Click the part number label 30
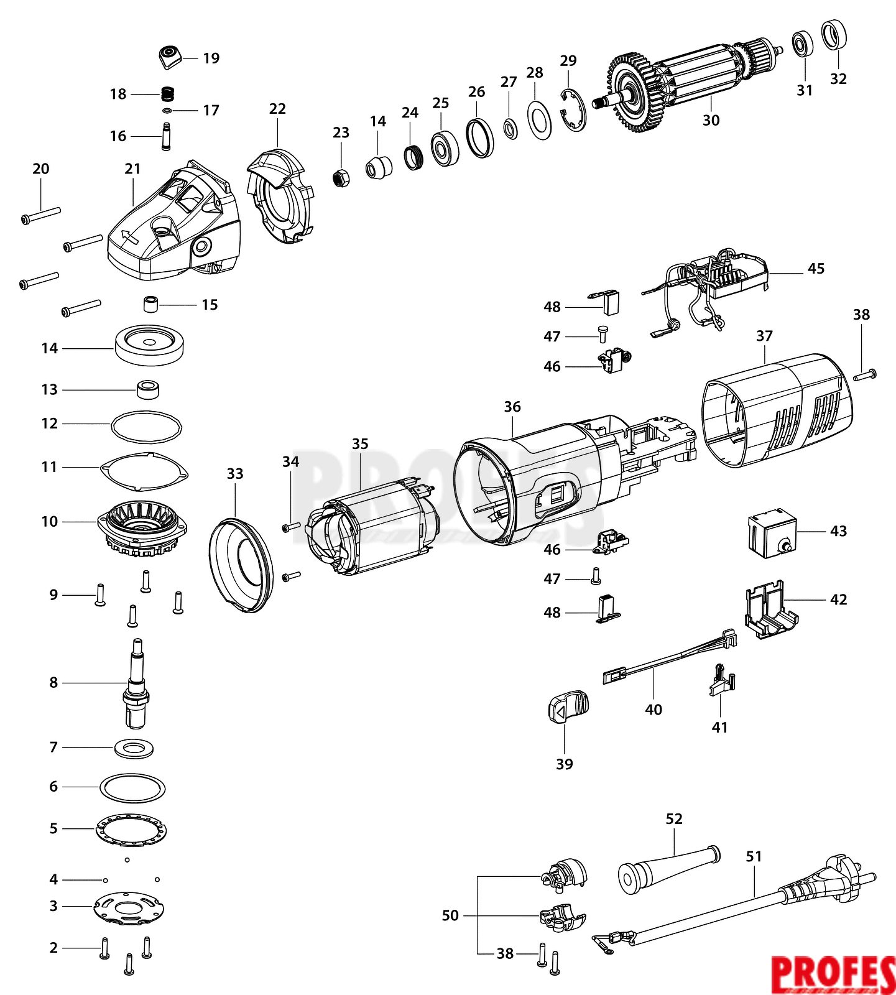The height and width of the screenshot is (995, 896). coord(711,120)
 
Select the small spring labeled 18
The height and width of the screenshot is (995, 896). coord(167,95)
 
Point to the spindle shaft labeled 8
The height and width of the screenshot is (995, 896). coord(137,684)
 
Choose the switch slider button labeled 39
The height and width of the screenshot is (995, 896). coord(567,706)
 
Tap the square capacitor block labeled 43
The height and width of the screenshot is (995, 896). coord(772,532)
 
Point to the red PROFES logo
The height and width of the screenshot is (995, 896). coord(833,974)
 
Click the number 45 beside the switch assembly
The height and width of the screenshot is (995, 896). coord(816,269)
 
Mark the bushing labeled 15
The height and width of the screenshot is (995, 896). coord(150,305)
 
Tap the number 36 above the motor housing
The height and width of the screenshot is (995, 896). coord(512,407)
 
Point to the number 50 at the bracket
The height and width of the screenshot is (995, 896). coord(450,915)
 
